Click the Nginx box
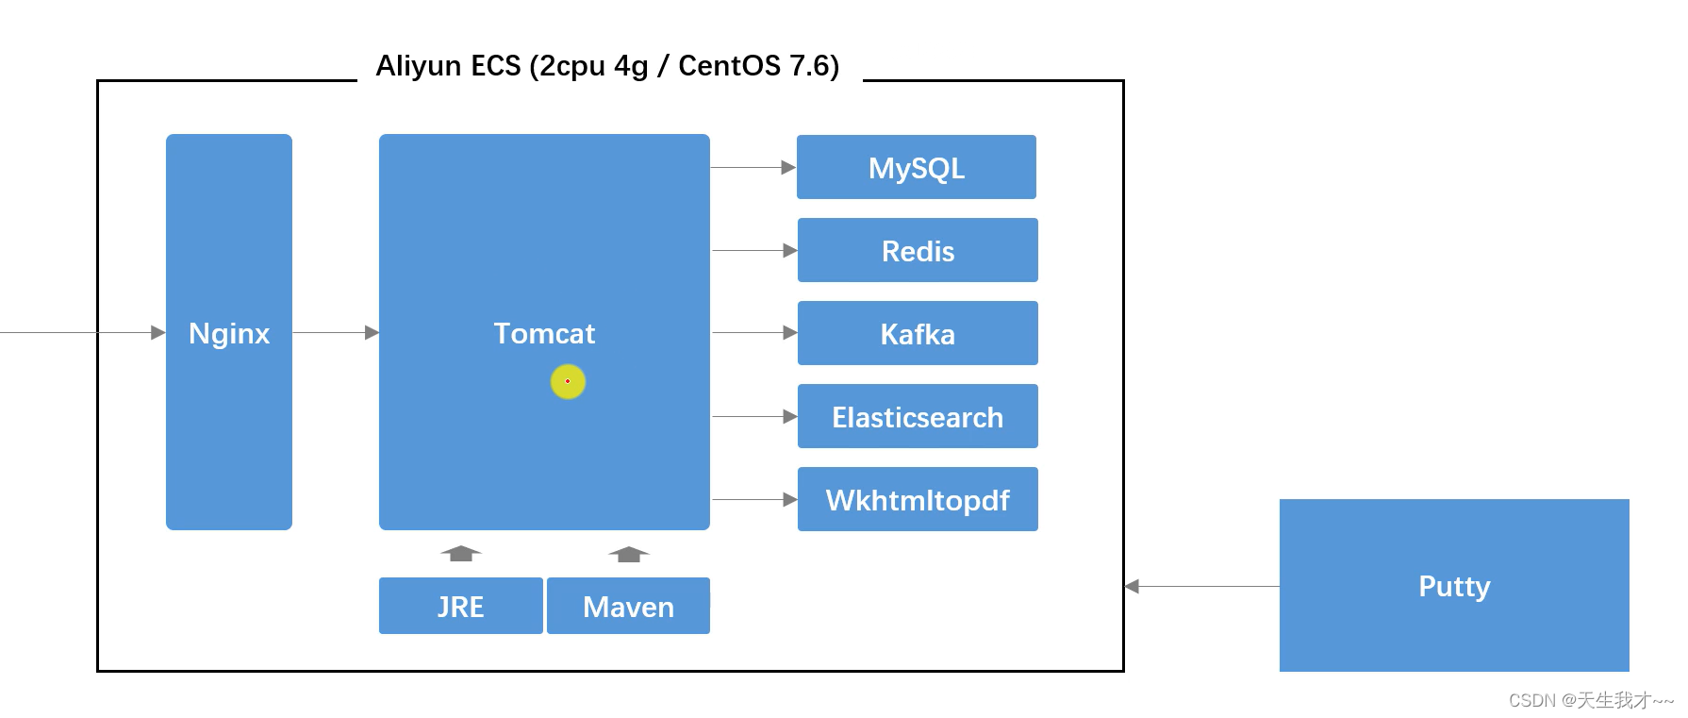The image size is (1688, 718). tap(229, 332)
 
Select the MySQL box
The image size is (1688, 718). tap(917, 167)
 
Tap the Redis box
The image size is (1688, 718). tap(918, 250)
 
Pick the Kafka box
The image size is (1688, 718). tap(918, 333)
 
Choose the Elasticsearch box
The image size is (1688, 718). tap(918, 416)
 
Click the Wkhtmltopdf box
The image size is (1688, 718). tap(918, 499)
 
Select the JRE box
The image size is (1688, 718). tap(461, 606)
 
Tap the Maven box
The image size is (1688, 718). tap(628, 606)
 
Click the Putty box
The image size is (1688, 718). tap(1454, 585)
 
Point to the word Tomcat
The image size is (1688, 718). tap(544, 333)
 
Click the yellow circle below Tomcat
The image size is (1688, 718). tap(568, 381)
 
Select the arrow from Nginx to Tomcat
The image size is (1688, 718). tap(336, 332)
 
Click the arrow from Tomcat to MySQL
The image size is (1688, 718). tap(753, 167)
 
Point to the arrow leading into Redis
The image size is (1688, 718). tap(754, 250)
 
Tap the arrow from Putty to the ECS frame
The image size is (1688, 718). tap(1202, 586)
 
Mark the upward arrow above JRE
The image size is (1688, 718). tap(461, 553)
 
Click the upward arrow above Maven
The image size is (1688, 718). tap(629, 554)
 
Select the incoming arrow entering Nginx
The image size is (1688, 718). tap(83, 332)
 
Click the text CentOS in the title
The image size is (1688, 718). tap(729, 65)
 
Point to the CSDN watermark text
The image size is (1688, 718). tap(1591, 700)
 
